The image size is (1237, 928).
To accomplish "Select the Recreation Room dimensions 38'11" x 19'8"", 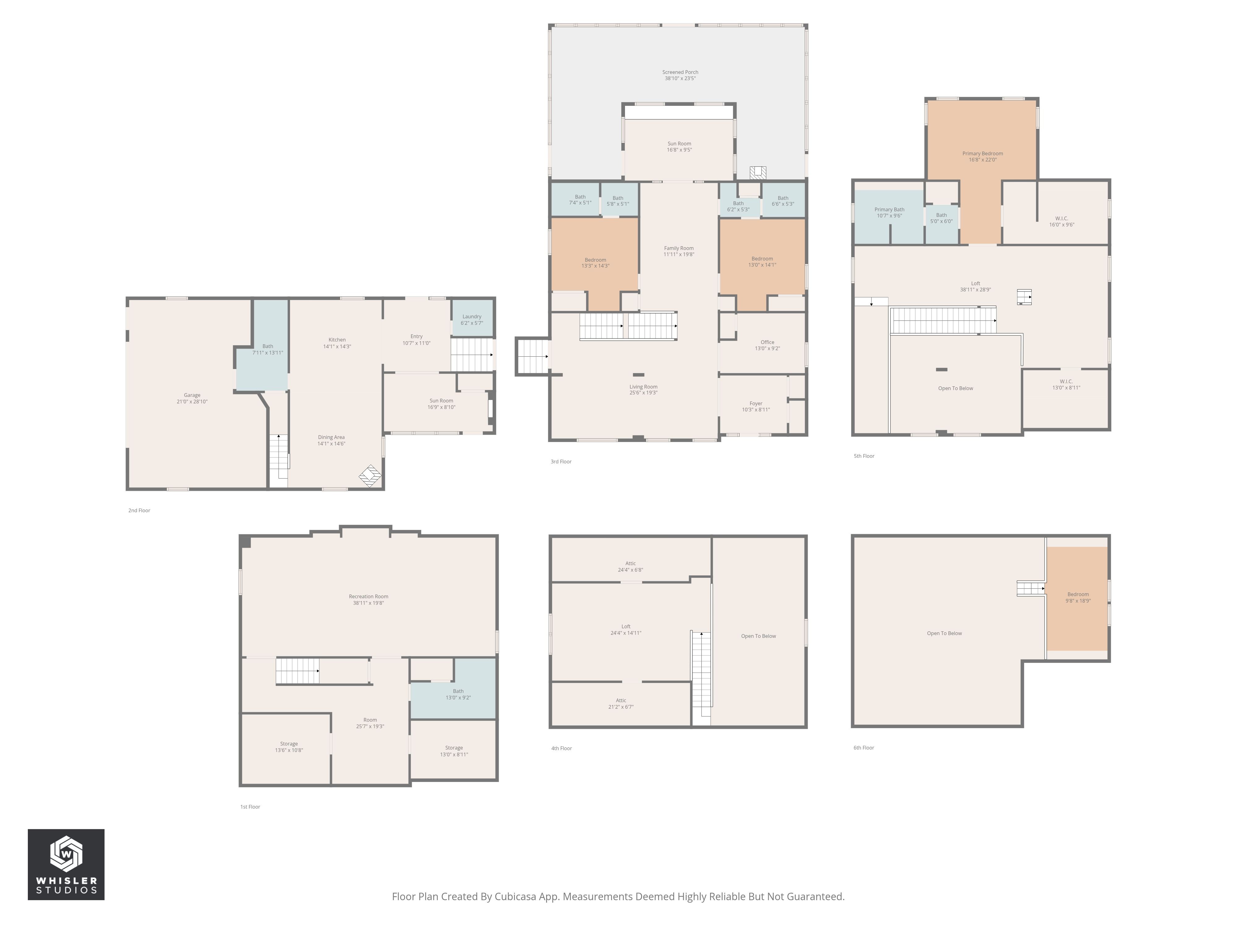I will point(369,603).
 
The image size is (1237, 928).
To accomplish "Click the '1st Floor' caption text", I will point(250,807).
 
